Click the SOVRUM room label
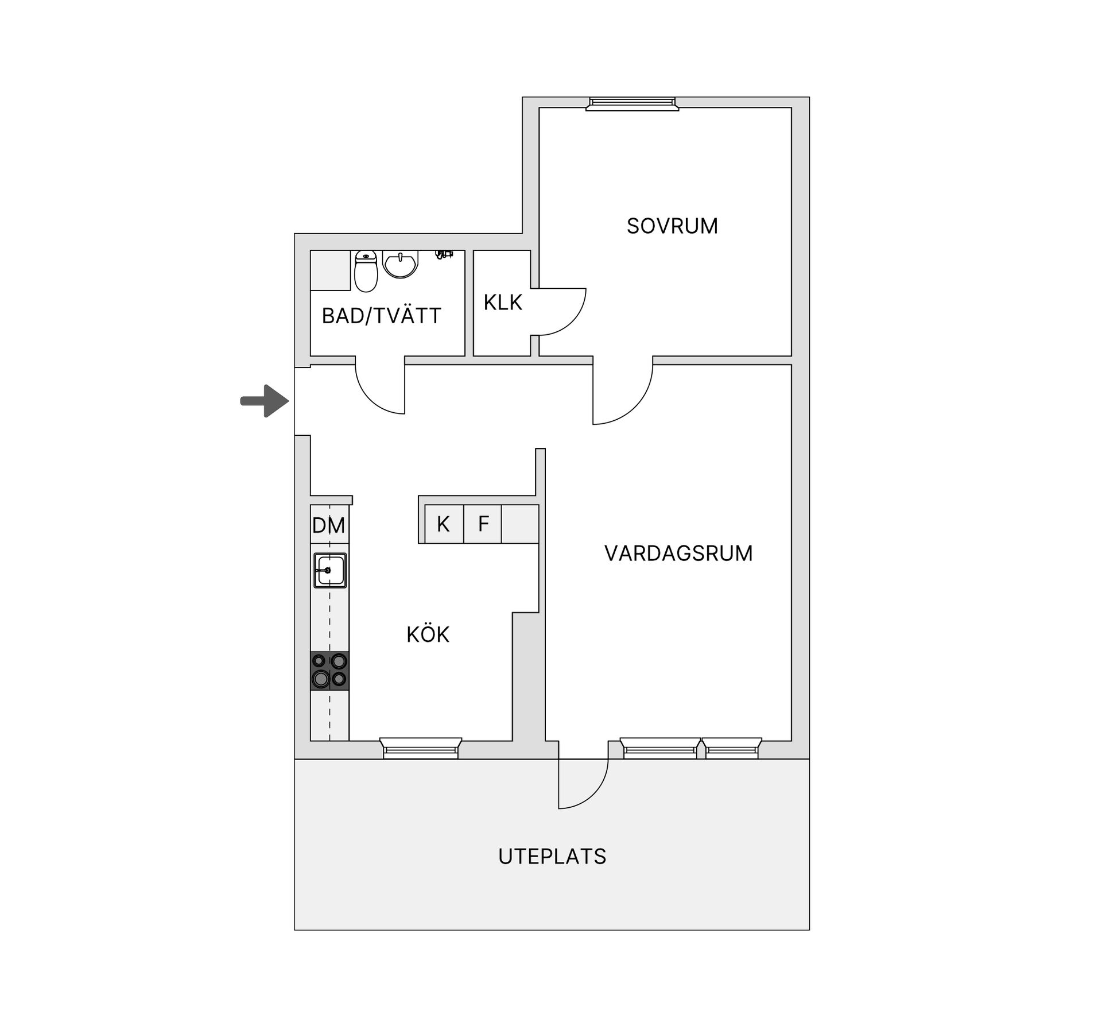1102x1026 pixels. (x=672, y=226)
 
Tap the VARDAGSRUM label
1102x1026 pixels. (x=678, y=553)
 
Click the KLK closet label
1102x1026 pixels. (x=503, y=303)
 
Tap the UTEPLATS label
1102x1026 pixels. (x=552, y=857)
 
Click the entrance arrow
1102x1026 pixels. (x=265, y=401)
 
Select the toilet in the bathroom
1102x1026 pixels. (x=366, y=271)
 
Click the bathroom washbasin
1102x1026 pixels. (x=401, y=265)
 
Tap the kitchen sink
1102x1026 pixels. (x=330, y=570)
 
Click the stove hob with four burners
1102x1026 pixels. (x=330, y=671)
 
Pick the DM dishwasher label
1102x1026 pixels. (x=329, y=525)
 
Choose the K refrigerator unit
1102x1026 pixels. (x=444, y=524)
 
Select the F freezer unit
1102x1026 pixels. (x=483, y=524)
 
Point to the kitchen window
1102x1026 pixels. (x=421, y=748)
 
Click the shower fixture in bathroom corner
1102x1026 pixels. (x=444, y=254)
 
